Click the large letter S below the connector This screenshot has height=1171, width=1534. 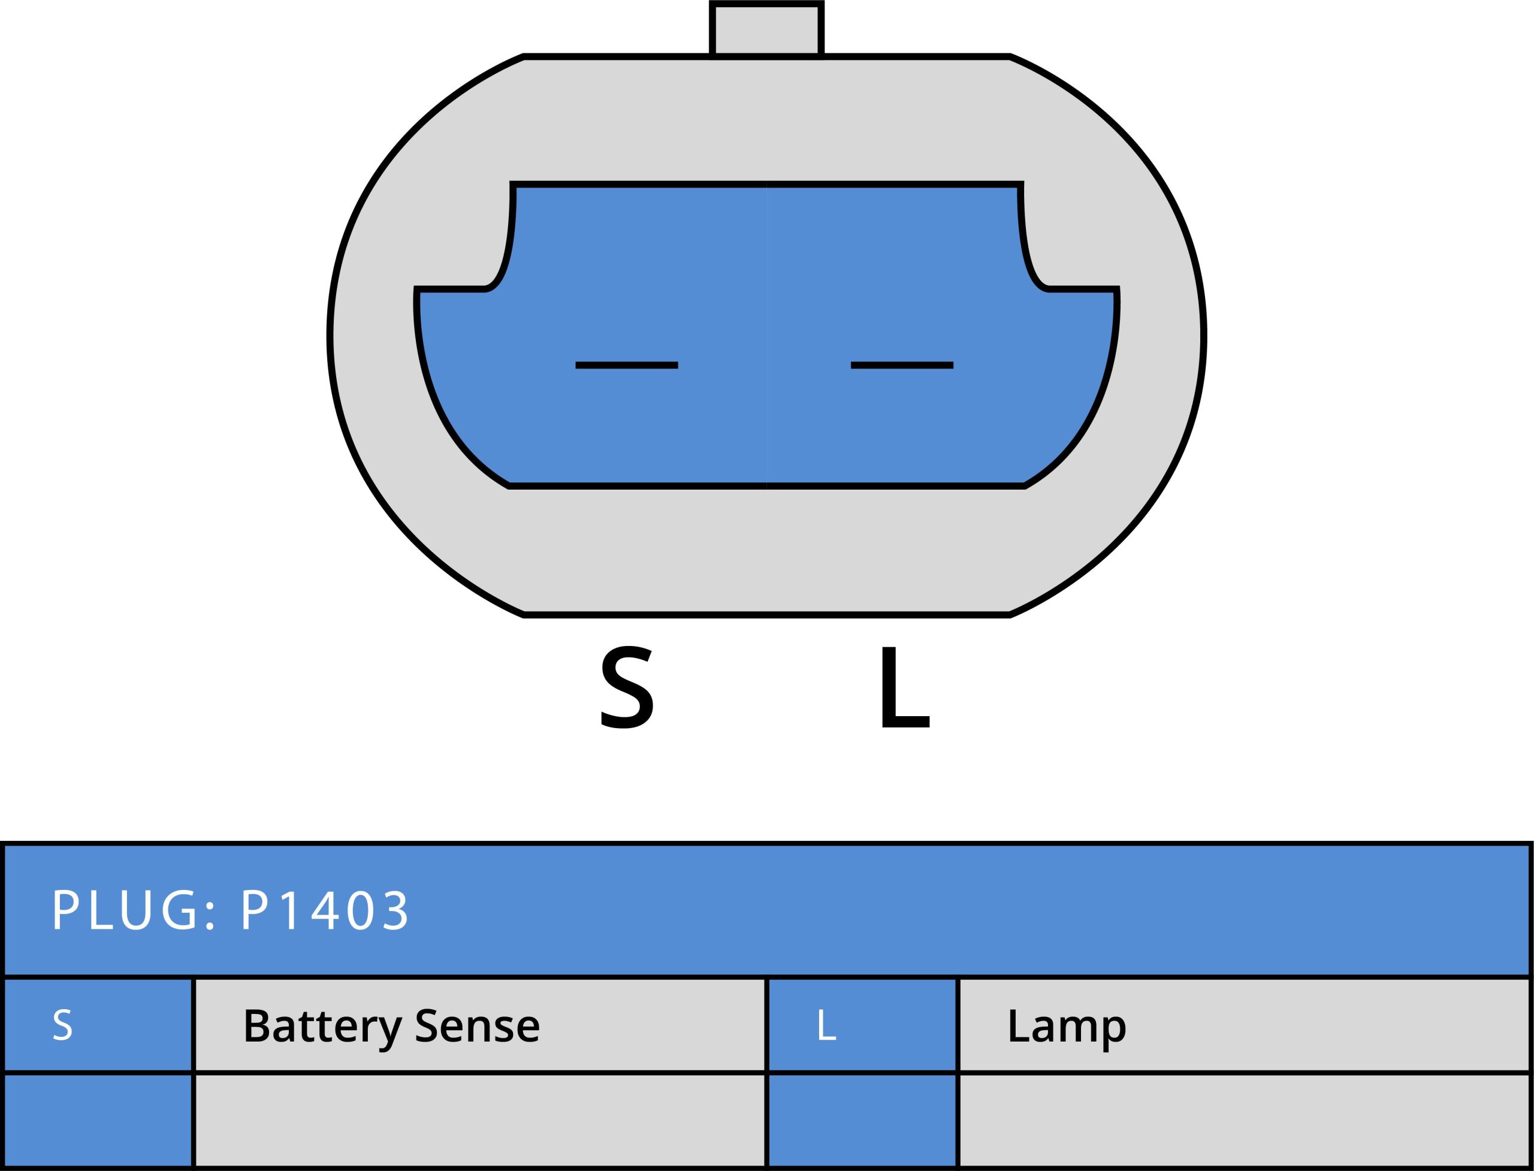627,688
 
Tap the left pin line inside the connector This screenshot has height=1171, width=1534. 627,365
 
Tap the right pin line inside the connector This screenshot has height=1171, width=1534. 902,365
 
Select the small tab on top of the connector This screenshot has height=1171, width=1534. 766,29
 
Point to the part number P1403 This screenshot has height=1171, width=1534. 325,910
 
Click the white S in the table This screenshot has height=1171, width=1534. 62,1025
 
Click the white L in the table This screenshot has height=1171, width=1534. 826,1025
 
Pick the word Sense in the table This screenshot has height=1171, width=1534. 477,1025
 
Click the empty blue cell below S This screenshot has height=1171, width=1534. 98,1120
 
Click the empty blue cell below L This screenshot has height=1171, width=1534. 862,1120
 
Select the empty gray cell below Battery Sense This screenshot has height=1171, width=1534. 479,1120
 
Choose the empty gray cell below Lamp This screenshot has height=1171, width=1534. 1244,1120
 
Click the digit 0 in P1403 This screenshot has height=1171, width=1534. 360,910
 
